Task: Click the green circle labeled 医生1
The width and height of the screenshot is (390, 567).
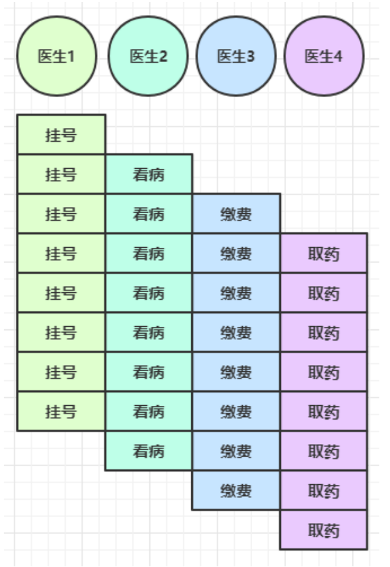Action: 56,56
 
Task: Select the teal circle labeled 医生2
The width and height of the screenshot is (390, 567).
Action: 148,56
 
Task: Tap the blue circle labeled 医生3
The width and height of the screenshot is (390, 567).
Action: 236,56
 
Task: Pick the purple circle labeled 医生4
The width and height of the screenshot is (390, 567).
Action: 324,56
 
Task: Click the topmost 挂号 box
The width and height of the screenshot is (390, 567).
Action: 61,134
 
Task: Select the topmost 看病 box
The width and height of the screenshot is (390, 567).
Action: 149,174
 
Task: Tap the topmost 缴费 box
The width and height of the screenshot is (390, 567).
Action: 236,213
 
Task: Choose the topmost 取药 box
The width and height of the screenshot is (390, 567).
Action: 324,253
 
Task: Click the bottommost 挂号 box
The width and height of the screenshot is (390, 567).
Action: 61,411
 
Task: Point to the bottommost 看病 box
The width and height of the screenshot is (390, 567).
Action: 149,450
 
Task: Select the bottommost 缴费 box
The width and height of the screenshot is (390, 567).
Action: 236,490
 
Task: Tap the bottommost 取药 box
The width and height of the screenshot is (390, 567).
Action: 324,530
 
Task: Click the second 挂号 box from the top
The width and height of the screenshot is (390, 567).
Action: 61,174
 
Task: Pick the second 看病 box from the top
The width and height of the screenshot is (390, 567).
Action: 149,213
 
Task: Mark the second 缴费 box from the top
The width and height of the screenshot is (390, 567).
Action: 236,253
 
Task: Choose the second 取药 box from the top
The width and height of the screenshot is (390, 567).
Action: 324,292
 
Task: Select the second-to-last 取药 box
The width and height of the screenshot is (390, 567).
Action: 324,490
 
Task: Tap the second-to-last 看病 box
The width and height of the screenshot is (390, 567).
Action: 149,411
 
